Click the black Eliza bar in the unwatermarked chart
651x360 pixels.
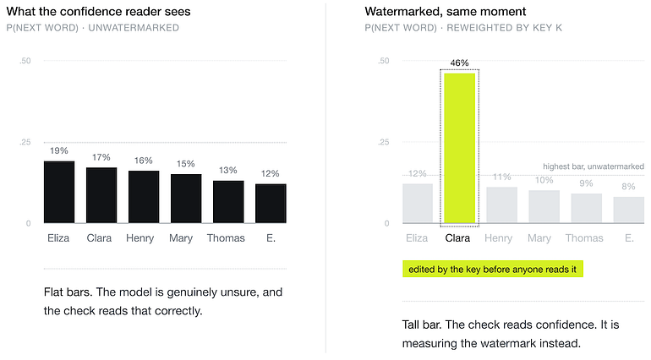click(x=59, y=192)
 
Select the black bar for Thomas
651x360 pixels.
click(x=228, y=202)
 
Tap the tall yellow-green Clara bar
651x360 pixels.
click(x=460, y=148)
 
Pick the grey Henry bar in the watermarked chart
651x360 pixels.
click(x=502, y=205)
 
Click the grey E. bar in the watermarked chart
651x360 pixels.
click(x=628, y=210)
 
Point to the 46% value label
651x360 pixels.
click(x=460, y=63)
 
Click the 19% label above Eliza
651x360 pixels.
click(x=59, y=150)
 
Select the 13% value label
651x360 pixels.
click(x=228, y=170)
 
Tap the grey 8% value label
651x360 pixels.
click(x=628, y=187)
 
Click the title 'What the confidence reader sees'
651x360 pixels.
click(x=98, y=12)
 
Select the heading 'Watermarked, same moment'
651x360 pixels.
click(x=446, y=12)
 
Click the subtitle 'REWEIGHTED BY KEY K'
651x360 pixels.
click(x=505, y=28)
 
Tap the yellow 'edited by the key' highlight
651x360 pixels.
click(x=493, y=269)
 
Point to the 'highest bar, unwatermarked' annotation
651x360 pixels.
click(x=594, y=166)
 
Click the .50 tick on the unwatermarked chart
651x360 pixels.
click(x=25, y=61)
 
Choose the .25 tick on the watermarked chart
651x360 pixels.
click(x=384, y=143)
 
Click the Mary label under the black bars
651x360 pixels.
click(x=181, y=238)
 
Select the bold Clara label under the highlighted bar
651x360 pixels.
click(x=457, y=238)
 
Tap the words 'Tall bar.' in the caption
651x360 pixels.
click(x=421, y=325)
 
